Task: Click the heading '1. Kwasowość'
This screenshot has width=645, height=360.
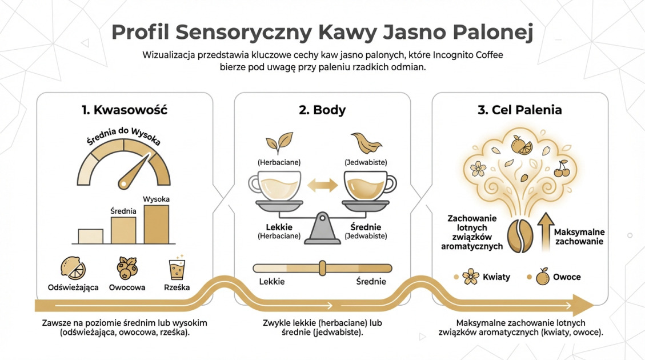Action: tap(124, 110)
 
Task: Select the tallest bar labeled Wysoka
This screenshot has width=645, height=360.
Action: tap(156, 225)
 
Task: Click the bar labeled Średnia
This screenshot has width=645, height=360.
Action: tap(123, 231)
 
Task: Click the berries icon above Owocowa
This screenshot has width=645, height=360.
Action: tap(127, 268)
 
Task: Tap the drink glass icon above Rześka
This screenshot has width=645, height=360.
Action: tap(177, 268)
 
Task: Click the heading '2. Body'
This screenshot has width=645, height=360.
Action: tap(322, 110)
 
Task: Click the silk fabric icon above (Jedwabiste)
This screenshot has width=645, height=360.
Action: tap(363, 142)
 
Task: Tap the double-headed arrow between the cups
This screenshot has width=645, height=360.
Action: tap(322, 185)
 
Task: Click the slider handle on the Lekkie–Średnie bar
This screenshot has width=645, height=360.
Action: tap(322, 268)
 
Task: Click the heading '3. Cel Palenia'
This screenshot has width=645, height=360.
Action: tap(519, 110)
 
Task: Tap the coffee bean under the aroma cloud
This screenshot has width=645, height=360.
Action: tap(521, 235)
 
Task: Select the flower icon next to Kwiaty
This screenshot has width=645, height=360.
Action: tap(471, 277)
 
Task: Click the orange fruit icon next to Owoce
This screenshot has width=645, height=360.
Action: tap(542, 277)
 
